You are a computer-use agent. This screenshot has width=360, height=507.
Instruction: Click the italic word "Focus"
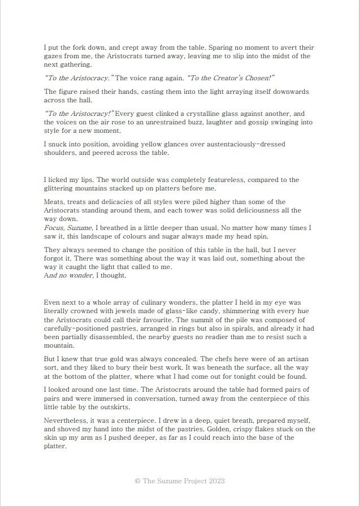(x=54, y=228)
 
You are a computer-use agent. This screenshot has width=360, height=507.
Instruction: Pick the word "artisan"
(x=296, y=359)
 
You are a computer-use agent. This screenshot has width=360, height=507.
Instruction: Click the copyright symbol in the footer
(x=137, y=481)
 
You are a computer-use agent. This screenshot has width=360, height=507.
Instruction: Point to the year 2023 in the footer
(x=216, y=481)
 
